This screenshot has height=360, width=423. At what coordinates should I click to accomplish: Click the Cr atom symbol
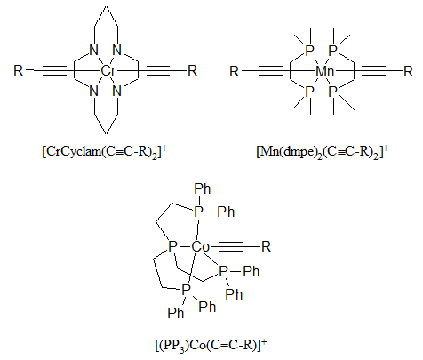108,71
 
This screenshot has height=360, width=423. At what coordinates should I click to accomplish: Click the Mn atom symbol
325,71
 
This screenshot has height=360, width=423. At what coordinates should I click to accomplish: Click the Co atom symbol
201,246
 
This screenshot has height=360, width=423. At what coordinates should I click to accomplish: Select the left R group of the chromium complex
18,70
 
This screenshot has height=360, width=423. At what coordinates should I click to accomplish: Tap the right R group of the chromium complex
193,70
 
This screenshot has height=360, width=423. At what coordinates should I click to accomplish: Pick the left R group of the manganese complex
234,71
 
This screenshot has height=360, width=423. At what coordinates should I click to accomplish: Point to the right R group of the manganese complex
408,71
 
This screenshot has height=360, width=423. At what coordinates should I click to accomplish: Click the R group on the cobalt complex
266,246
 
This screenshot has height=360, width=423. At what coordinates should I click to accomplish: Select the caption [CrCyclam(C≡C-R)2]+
105,152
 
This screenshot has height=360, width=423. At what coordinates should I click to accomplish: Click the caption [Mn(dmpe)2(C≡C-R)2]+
323,152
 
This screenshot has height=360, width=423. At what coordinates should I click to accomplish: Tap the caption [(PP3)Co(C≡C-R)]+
211,345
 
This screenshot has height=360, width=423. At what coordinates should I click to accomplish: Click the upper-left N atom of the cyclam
93,51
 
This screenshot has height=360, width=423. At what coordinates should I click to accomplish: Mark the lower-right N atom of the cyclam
117,91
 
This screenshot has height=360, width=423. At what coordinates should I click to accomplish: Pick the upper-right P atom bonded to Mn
333,51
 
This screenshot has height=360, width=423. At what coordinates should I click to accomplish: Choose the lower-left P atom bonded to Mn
309,92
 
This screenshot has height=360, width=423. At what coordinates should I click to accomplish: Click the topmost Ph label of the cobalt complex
203,188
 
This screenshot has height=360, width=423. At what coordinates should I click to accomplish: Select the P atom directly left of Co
172,246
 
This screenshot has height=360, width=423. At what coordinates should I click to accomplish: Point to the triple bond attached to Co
231,246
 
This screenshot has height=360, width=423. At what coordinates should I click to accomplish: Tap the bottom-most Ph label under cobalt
176,313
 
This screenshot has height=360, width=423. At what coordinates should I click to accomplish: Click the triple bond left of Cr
55,70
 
